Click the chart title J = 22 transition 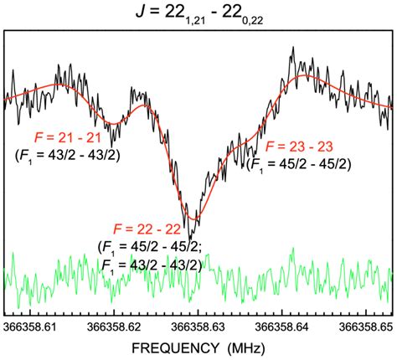coord(198,13)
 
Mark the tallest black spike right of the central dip coord(292,49)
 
